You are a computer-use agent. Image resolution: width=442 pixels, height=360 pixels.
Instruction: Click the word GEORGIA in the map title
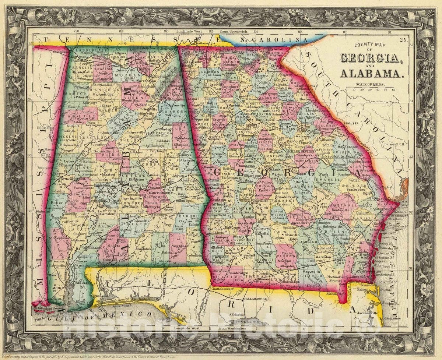(x=369, y=58)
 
